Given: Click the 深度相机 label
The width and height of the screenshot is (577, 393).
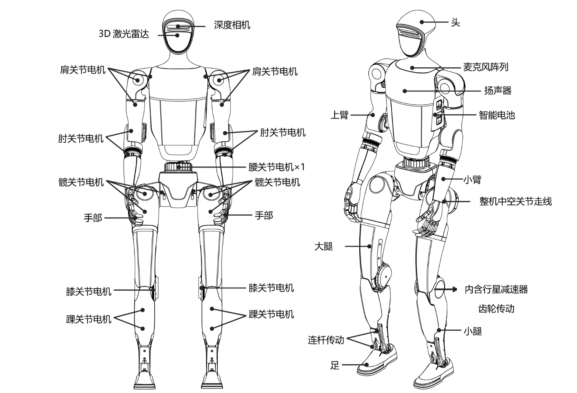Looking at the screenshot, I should pyautogui.click(x=232, y=25).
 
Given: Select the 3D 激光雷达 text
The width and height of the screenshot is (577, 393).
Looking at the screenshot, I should pyautogui.click(x=123, y=34).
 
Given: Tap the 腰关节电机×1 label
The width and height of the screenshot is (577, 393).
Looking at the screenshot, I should pyautogui.click(x=276, y=167).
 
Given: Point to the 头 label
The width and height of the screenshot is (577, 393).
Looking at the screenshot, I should pyautogui.click(x=455, y=22).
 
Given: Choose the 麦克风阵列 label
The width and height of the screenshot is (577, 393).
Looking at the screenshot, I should pyautogui.click(x=485, y=67).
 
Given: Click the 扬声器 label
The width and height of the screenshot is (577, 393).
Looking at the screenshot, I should pyautogui.click(x=497, y=91).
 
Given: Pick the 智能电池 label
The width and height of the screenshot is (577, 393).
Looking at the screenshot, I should pyautogui.click(x=497, y=115).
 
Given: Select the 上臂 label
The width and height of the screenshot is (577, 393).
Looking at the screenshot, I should pyautogui.click(x=339, y=115).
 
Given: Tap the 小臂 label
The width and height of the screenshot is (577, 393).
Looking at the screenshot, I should pyautogui.click(x=472, y=179).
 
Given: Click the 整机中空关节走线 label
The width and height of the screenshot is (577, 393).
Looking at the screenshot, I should pyautogui.click(x=515, y=201).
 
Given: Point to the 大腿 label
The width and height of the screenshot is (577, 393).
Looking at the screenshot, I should pyautogui.click(x=324, y=246).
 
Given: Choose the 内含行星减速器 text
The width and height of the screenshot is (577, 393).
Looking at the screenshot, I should pyautogui.click(x=496, y=289).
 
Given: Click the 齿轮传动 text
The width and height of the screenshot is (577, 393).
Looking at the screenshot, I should pyautogui.click(x=496, y=309).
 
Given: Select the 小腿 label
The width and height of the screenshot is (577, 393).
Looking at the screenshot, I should pyautogui.click(x=472, y=331).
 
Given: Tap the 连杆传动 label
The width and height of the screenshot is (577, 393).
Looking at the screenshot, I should pyautogui.click(x=326, y=340).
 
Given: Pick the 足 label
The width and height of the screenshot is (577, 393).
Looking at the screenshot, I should pyautogui.click(x=335, y=365).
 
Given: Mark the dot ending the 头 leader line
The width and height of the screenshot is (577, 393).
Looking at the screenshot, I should pyautogui.click(x=422, y=22).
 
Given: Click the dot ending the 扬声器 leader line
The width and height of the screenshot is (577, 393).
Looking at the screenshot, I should pyautogui.click(x=405, y=91).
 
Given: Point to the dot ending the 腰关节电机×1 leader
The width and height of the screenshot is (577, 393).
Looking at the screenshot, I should pyautogui.click(x=180, y=167).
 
